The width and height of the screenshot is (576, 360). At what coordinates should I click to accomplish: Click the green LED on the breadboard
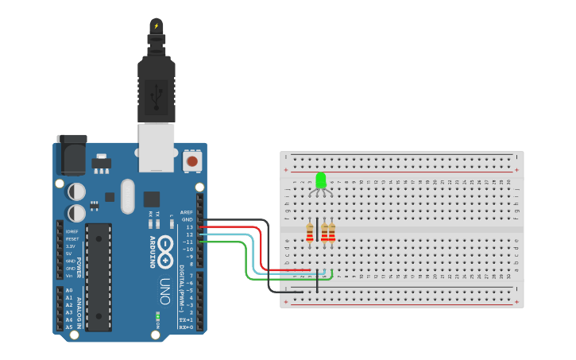(x=321, y=181)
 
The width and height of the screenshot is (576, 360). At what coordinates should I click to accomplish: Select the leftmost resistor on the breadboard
(x=309, y=232)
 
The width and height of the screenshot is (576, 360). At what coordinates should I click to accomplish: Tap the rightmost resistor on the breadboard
(x=331, y=232)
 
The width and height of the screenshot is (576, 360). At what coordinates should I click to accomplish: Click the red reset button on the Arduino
(x=191, y=161)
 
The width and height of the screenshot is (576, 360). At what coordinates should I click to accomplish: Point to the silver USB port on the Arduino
(x=157, y=147)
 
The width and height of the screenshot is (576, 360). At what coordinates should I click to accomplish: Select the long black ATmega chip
(x=99, y=277)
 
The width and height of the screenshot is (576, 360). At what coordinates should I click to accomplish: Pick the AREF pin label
(x=187, y=212)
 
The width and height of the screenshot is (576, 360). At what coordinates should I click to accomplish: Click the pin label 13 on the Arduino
(x=189, y=227)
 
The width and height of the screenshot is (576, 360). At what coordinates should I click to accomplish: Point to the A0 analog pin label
(x=69, y=291)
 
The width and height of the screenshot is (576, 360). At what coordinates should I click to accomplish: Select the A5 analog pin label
(x=69, y=327)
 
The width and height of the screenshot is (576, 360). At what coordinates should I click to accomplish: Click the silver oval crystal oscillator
(x=127, y=196)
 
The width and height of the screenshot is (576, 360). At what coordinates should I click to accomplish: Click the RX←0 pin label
(x=187, y=327)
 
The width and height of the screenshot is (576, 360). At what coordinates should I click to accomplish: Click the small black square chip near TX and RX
(x=151, y=199)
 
